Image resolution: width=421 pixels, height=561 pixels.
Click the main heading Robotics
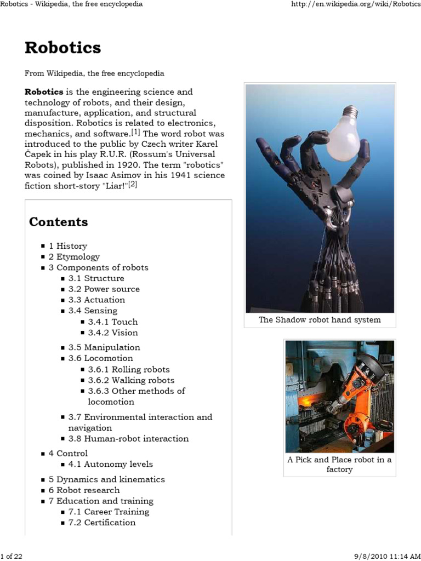click(x=62, y=48)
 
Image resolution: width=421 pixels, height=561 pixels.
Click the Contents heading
click(x=58, y=222)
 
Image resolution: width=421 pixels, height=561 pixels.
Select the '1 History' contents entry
click(x=68, y=246)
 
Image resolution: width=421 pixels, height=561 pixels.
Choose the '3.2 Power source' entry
click(x=104, y=289)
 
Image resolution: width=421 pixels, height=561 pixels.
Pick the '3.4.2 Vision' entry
click(x=113, y=333)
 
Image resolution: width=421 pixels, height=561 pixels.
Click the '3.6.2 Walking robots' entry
click(x=131, y=380)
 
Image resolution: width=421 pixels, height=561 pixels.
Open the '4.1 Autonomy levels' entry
click(x=111, y=464)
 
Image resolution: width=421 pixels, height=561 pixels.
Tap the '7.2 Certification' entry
click(x=102, y=523)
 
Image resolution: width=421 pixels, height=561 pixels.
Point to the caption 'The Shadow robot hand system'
click(x=320, y=320)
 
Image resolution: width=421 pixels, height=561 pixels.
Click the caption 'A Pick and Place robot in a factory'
click(x=339, y=465)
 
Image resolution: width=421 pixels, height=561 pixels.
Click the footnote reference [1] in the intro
click(x=135, y=132)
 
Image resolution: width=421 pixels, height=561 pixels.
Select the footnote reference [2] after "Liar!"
click(x=133, y=185)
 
